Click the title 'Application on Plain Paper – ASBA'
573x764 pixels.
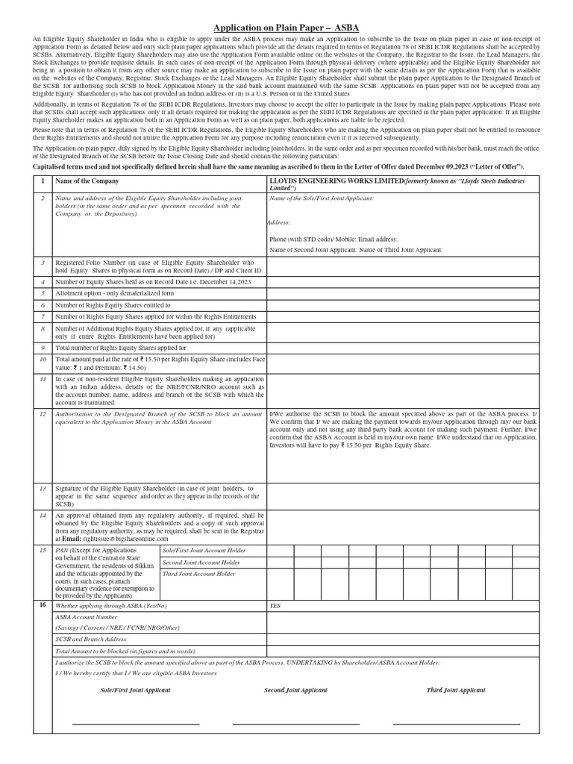pyautogui.click(x=286, y=28)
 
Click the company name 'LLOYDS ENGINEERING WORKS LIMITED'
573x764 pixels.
pyautogui.click(x=336, y=181)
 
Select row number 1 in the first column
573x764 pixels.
pyautogui.click(x=43, y=181)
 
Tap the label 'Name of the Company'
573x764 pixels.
pyautogui.click(x=87, y=181)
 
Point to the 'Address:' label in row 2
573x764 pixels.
pyautogui.click(x=280, y=222)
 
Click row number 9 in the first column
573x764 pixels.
pyautogui.click(x=43, y=348)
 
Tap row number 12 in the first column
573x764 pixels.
pyautogui.click(x=43, y=413)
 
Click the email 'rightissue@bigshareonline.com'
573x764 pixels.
pyautogui.click(x=125, y=538)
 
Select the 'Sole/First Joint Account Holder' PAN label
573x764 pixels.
pyautogui.click(x=199, y=550)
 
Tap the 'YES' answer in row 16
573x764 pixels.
pyautogui.click(x=275, y=606)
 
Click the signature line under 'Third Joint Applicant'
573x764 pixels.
pyautogui.click(x=456, y=724)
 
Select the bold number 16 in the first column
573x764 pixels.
pyautogui.click(x=43, y=606)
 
